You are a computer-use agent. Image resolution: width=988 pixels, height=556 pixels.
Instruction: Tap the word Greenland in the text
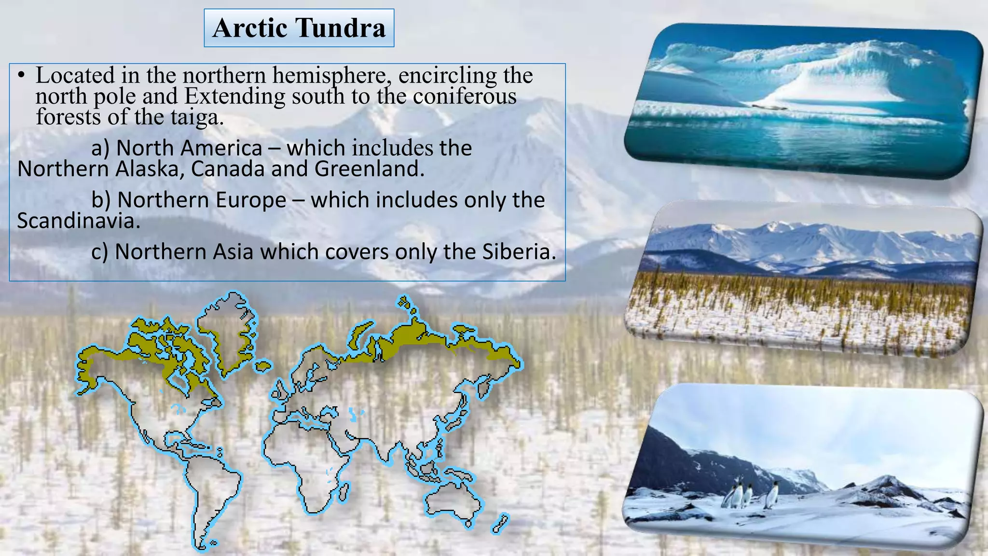point(369,169)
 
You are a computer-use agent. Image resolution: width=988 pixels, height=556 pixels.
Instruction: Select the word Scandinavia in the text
point(78,221)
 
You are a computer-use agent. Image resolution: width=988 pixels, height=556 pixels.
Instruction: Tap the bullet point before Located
point(21,76)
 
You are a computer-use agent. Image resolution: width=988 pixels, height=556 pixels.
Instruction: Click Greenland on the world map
point(227,333)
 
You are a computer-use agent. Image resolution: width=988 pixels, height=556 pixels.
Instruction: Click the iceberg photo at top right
point(803,101)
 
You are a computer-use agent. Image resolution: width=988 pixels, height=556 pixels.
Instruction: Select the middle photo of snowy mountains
point(803,280)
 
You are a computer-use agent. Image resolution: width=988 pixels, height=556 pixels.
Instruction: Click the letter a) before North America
point(100,148)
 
